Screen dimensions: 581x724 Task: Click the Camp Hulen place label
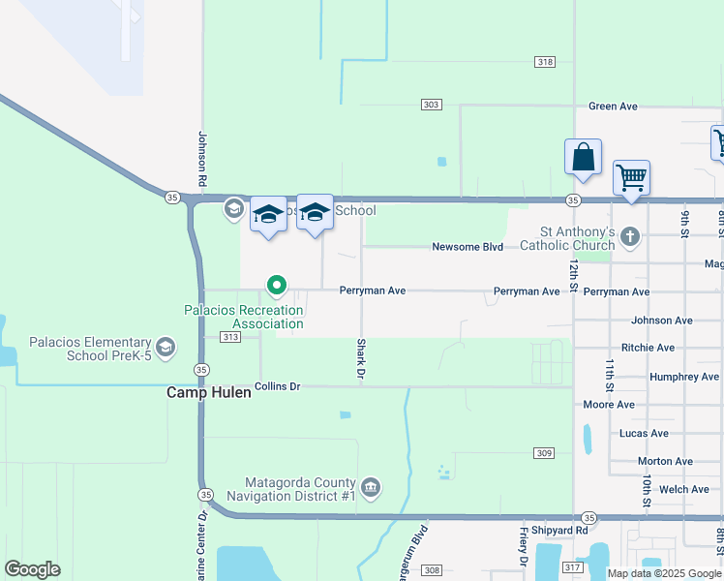[x=208, y=392]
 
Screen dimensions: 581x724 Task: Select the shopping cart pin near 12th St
[x=631, y=178]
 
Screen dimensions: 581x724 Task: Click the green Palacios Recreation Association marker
[x=276, y=285]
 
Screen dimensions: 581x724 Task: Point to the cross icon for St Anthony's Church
[x=629, y=236]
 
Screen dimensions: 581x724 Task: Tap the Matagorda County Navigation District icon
[x=370, y=486]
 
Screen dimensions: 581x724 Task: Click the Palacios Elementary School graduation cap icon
[x=166, y=348]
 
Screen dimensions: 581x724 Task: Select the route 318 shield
[x=544, y=62]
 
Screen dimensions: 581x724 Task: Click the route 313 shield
[x=230, y=337]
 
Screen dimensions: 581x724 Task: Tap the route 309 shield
[x=543, y=453]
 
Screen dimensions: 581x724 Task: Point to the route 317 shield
[x=571, y=567]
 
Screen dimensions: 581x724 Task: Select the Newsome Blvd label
[x=468, y=247]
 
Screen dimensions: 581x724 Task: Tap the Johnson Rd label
[x=202, y=159]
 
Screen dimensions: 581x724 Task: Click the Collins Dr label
[x=277, y=386]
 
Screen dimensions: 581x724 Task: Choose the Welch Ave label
[x=684, y=490]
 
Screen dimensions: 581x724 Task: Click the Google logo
[x=32, y=569]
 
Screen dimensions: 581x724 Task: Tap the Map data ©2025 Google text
[x=663, y=573]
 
